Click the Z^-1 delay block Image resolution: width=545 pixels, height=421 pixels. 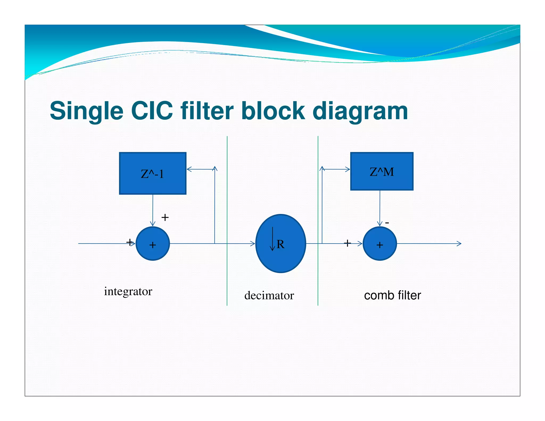[x=152, y=173]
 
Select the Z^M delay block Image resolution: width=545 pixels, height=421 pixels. [x=382, y=171]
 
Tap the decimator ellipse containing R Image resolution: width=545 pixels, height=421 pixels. [x=280, y=243]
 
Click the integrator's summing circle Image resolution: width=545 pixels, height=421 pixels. [x=152, y=243]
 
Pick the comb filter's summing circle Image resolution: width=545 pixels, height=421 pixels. [x=380, y=243]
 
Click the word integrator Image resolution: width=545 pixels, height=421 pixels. [x=128, y=291]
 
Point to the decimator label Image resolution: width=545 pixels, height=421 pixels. [x=269, y=295]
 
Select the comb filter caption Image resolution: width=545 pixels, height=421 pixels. [x=392, y=295]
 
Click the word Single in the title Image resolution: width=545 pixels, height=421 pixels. [x=86, y=111]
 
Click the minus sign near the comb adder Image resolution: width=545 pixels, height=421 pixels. [x=387, y=222]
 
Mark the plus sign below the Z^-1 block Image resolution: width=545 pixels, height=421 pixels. [x=165, y=217]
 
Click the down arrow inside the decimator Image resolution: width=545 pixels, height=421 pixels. [x=272, y=240]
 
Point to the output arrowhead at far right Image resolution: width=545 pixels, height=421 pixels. [x=459, y=243]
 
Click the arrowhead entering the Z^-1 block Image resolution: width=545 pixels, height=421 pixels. [x=189, y=169]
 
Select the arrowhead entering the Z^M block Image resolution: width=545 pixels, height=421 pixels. [x=348, y=169]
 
